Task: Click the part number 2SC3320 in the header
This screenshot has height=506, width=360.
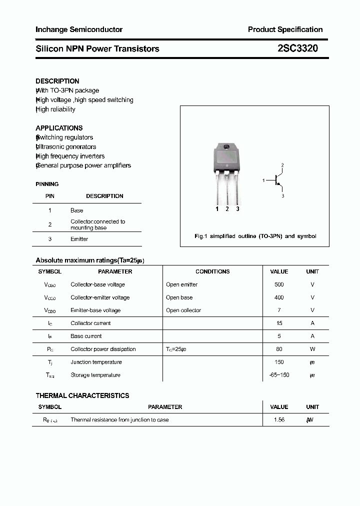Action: tap(297, 48)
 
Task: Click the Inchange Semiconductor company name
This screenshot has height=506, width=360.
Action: tap(79, 29)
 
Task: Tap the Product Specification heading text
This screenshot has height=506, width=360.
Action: tap(285, 29)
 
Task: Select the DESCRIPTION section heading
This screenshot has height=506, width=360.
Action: tap(57, 81)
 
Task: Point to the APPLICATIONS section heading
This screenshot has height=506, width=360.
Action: tap(59, 128)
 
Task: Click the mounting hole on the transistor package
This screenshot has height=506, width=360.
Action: tap(226, 146)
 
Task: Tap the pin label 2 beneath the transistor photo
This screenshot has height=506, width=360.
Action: tap(227, 209)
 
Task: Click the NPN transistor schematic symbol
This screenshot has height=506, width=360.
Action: tap(276, 180)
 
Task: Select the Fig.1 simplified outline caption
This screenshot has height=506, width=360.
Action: tap(255, 236)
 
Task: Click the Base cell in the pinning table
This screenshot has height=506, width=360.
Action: tap(76, 210)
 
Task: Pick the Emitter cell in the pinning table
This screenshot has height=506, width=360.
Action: tap(79, 239)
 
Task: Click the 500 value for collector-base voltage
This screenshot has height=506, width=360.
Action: tap(279, 284)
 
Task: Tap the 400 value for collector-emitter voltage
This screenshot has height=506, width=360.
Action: tap(279, 297)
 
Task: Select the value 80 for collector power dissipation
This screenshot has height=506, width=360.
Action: tap(279, 349)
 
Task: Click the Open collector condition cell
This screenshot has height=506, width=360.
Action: tap(183, 310)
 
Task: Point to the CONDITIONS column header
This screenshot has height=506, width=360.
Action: tap(212, 271)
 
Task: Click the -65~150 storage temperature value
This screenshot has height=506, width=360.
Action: tap(279, 375)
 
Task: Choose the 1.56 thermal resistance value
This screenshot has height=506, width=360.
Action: tap(279, 420)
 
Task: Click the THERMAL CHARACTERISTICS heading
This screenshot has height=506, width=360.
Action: tap(82, 395)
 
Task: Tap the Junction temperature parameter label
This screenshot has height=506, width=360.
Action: tap(96, 362)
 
